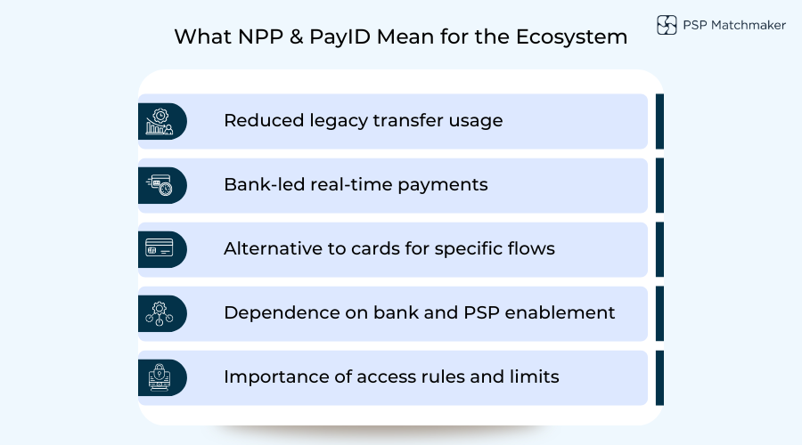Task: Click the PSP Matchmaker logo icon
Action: pyautogui.click(x=667, y=25)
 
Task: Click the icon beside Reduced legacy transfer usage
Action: pyautogui.click(x=160, y=121)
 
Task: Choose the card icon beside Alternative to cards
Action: pyautogui.click(x=160, y=249)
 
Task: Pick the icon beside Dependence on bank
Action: pyautogui.click(x=160, y=313)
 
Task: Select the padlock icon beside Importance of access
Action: pyautogui.click(x=160, y=377)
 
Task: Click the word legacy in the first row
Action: pyautogui.click(x=332, y=120)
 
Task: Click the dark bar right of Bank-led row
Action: pyautogui.click(x=659, y=185)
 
